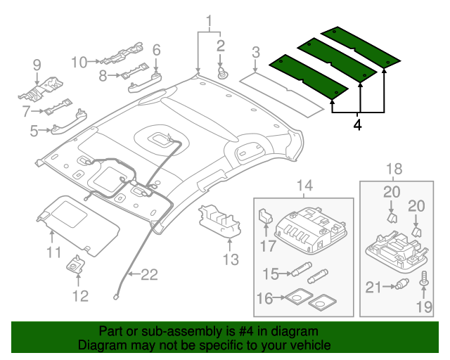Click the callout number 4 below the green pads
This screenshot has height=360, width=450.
[x=358, y=126]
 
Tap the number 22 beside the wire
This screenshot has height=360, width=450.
[x=148, y=275]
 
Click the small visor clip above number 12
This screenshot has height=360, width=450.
[x=75, y=265]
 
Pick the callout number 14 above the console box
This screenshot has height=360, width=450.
[x=303, y=186]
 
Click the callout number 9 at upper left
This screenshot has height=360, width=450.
[x=37, y=66]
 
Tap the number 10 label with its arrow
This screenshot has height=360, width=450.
[x=79, y=61]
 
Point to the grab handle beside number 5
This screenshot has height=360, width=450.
[x=70, y=125]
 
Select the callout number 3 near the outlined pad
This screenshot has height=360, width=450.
[x=256, y=51]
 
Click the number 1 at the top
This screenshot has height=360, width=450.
[x=209, y=19]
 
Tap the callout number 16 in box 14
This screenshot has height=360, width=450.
[x=264, y=299]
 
